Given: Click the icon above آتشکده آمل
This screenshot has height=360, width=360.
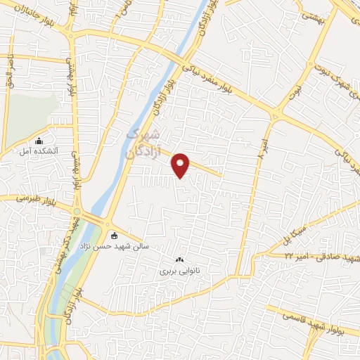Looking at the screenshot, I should (x=39, y=141).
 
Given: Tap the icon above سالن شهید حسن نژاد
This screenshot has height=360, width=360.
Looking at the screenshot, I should (x=115, y=236).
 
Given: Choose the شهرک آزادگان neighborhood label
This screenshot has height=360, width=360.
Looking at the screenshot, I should (x=143, y=141).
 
